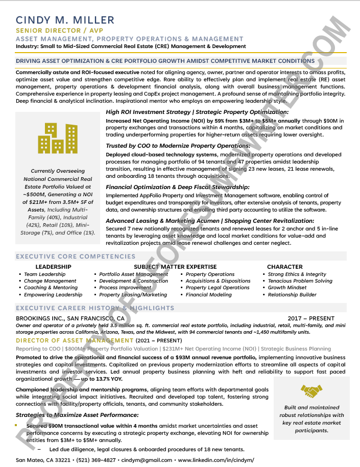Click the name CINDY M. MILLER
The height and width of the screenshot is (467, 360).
coord(65,20)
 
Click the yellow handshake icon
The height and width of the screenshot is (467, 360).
coord(311,391)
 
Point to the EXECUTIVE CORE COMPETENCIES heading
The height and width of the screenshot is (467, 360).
coord(76,256)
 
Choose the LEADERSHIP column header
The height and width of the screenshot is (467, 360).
coord(53,267)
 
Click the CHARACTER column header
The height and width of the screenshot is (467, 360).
coord(284,267)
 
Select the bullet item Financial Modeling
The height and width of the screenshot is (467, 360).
coord(208,295)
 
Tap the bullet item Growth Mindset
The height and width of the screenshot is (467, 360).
coord(287,288)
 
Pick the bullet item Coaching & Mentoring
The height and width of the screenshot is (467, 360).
coord(51,288)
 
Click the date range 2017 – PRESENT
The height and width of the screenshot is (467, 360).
coord(311,318)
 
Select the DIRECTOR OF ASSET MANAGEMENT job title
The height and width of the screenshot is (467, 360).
coord(75,341)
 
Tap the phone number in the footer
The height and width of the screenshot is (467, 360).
coord(97,460)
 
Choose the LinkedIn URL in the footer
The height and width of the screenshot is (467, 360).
coord(215,460)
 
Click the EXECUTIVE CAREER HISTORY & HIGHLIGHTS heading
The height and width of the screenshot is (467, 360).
coord(95,308)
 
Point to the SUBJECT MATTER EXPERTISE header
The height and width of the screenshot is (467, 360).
coord(175,267)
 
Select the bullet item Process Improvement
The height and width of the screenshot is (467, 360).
coord(125,288)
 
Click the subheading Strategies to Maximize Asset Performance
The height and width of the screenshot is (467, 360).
coord(77,415)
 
